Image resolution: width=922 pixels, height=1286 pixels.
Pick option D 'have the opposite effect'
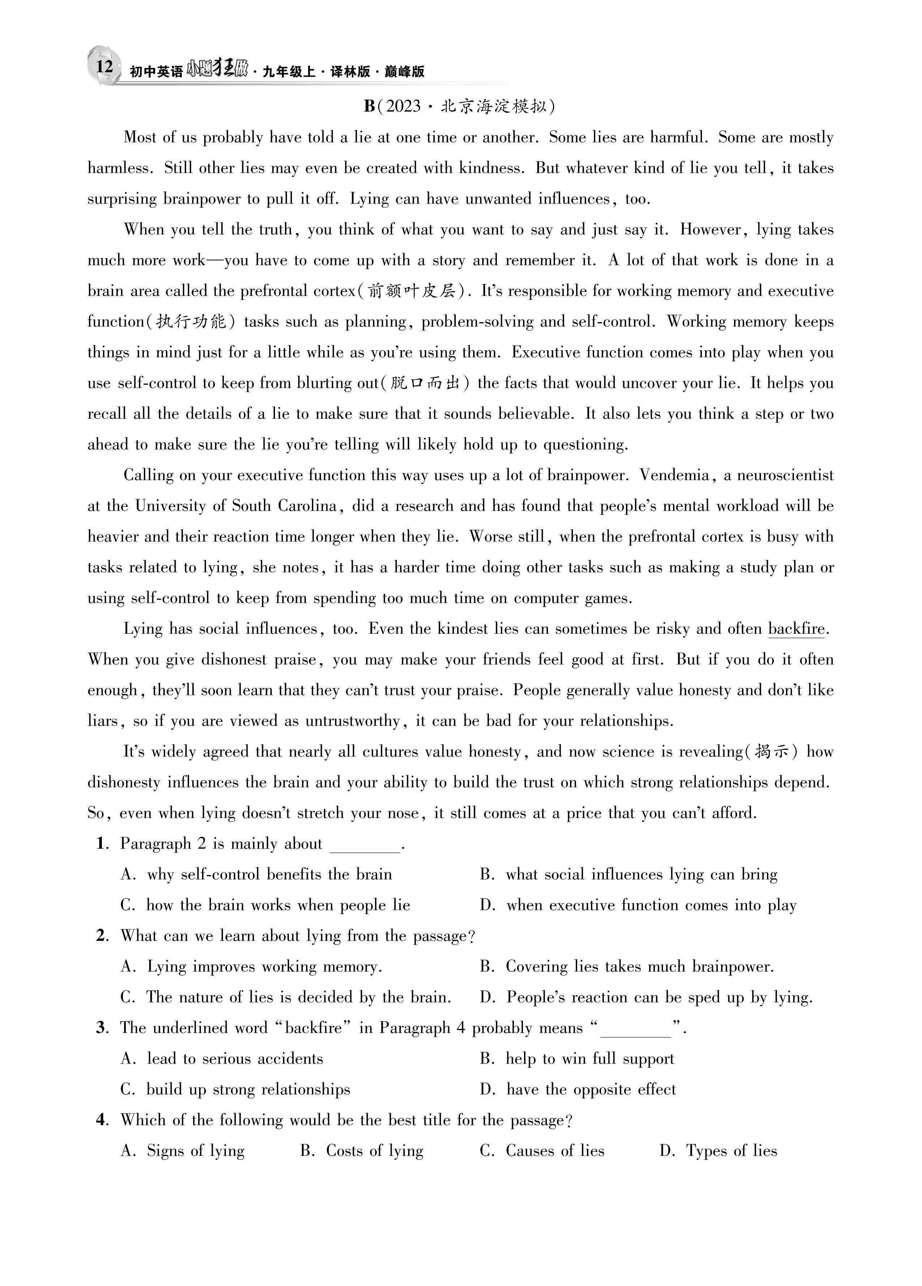pos(591,1089)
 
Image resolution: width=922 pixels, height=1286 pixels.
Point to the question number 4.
pos(102,1120)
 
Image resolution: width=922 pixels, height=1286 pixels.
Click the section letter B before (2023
pos(369,106)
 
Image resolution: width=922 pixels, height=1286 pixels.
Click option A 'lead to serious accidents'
pos(234,1058)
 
